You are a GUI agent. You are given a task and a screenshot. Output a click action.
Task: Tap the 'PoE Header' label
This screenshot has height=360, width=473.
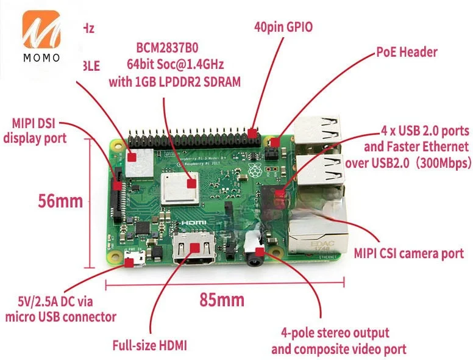point(406,52)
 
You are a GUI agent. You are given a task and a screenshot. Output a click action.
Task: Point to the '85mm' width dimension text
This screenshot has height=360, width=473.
point(222,300)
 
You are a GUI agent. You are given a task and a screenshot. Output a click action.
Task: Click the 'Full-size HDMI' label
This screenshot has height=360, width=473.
point(149,345)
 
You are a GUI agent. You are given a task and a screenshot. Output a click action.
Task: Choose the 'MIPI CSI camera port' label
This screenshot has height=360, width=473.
point(409,253)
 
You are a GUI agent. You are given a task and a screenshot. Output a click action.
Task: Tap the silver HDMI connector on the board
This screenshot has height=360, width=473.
point(196,247)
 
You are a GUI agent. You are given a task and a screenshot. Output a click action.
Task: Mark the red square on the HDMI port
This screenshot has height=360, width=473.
point(196,247)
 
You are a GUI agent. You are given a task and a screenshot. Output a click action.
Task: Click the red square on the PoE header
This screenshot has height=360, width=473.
point(275,142)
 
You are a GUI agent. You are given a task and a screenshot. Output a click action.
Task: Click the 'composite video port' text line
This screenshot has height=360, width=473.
point(338,349)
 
